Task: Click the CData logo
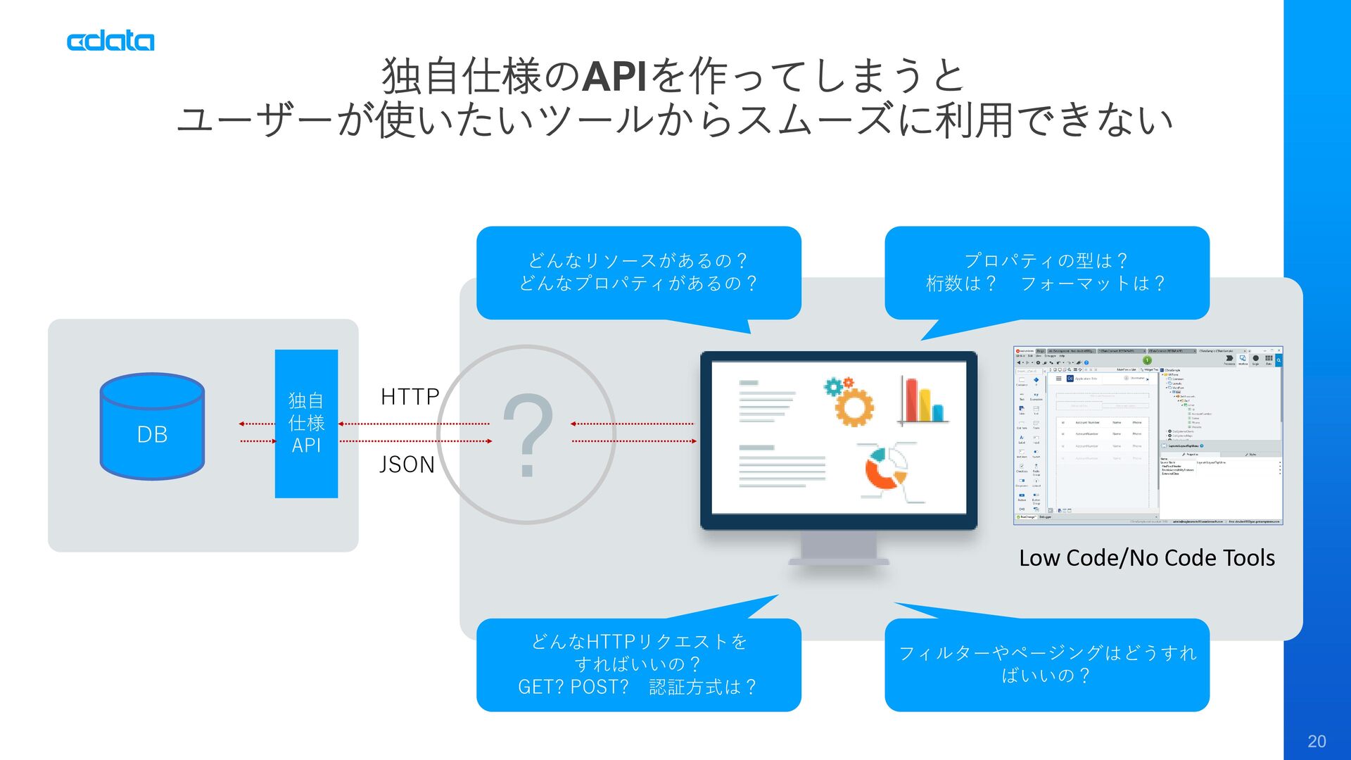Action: tap(110, 42)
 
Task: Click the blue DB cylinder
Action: tap(152, 427)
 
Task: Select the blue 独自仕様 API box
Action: tap(306, 424)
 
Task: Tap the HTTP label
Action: tap(410, 397)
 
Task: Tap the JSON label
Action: tap(407, 464)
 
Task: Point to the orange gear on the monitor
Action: tap(853, 404)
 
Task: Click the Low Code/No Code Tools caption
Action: tap(1146, 558)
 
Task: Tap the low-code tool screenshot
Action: tap(1148, 435)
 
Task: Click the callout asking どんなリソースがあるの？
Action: tap(638, 272)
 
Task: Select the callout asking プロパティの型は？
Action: tap(1046, 272)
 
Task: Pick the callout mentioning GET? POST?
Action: tap(638, 664)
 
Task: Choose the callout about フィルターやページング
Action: tap(1046, 664)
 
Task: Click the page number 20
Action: tap(1317, 741)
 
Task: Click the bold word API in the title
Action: tap(614, 77)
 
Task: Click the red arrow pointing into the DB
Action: tap(257, 424)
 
